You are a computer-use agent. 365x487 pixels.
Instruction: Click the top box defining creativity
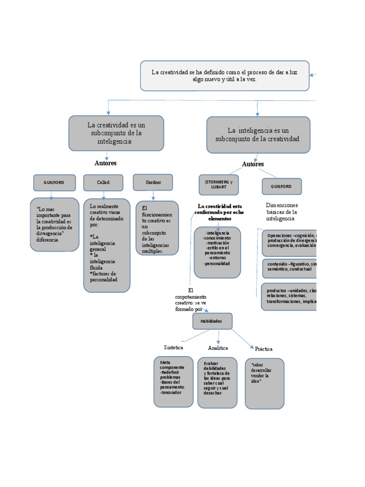point(224,76)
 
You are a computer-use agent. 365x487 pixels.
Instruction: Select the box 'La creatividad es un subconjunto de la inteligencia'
point(116,133)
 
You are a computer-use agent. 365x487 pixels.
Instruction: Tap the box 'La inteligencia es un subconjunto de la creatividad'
point(258,135)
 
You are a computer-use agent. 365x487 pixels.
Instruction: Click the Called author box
point(103,183)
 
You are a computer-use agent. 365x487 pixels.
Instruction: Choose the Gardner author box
point(153,182)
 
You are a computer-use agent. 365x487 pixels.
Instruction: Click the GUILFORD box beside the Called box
point(54,183)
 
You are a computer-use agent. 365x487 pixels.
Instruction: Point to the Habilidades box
point(212,321)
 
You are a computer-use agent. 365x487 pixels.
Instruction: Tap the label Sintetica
point(173,348)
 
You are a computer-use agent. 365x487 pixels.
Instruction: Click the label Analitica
point(218,348)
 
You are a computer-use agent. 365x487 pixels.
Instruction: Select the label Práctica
point(264,349)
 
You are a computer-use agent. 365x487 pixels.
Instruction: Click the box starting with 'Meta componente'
point(173,381)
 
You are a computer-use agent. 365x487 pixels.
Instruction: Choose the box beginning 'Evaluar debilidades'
point(217,382)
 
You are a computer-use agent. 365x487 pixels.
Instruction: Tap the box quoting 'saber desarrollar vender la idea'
point(265,383)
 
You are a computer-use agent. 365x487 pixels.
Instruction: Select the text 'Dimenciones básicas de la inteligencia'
point(282,212)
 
